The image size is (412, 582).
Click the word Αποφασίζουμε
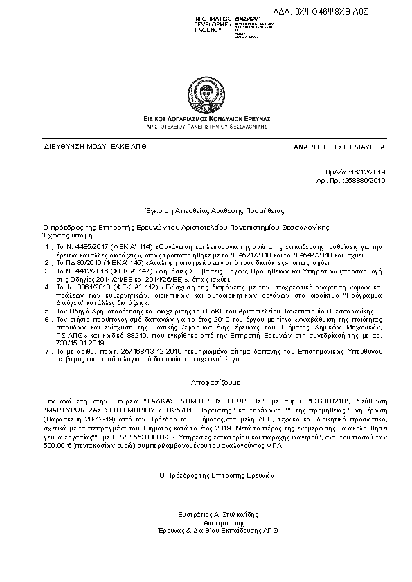[x=206, y=381]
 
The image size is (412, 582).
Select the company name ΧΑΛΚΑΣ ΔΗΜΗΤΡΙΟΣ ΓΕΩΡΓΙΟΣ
[x=197, y=401]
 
